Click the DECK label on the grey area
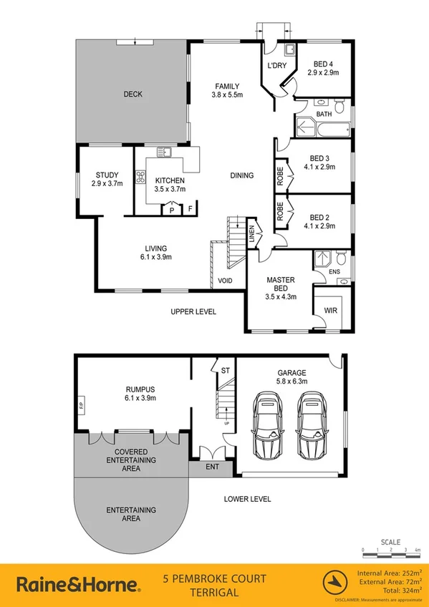tap(132, 93)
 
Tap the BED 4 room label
tap(321, 64)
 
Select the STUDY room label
tap(107, 175)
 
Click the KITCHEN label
tap(170, 180)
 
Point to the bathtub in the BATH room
tap(323, 130)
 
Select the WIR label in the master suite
tap(330, 310)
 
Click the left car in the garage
tap(266, 428)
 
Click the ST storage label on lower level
tap(224, 369)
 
